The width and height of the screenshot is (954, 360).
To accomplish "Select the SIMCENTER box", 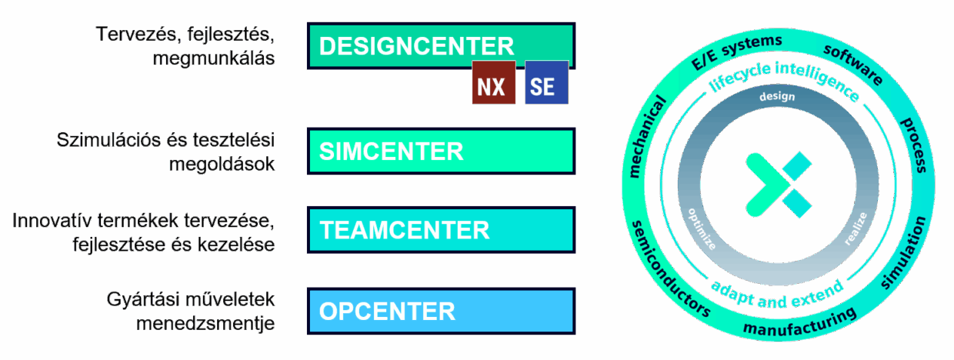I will pyautogui.click(x=441, y=152).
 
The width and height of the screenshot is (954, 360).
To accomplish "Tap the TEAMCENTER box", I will pyautogui.click(x=441, y=229).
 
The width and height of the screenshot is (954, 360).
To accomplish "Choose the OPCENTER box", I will pyautogui.click(x=441, y=312).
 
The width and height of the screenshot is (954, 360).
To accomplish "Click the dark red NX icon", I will pyautogui.click(x=492, y=86).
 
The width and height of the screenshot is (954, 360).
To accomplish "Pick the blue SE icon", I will pyautogui.click(x=545, y=86).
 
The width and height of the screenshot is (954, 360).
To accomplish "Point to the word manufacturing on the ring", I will pyautogui.click(x=799, y=325).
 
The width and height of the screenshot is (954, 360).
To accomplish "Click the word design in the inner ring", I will pyautogui.click(x=776, y=98).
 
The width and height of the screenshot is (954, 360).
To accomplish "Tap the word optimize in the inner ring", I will pyautogui.click(x=702, y=228).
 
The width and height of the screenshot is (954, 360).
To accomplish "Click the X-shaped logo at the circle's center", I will pyautogui.click(x=778, y=184).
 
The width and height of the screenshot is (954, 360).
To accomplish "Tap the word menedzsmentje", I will pyautogui.click(x=205, y=322).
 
